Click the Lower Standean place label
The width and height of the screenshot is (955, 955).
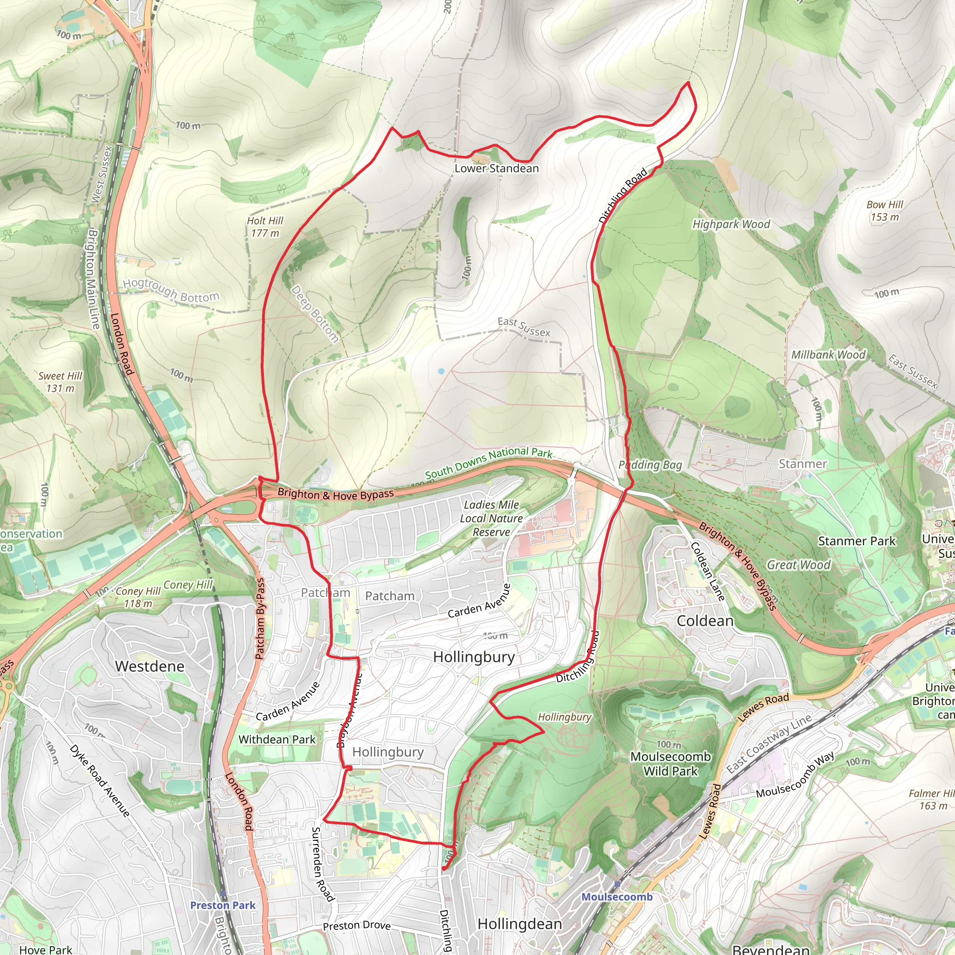(496, 168)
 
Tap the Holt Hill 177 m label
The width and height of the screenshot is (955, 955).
(265, 227)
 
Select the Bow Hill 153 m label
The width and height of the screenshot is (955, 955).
(884, 211)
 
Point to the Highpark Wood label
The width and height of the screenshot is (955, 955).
(731, 224)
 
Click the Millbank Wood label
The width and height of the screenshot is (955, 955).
(828, 355)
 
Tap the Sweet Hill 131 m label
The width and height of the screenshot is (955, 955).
(60, 382)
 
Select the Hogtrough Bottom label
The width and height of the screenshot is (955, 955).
(171, 291)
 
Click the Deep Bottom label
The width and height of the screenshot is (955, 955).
(314, 313)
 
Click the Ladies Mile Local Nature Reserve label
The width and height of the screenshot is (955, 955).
(491, 518)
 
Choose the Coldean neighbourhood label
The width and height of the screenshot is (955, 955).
(705, 621)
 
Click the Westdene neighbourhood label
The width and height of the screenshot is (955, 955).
(150, 666)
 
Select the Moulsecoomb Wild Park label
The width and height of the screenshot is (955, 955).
(670, 764)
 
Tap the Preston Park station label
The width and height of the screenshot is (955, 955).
(223, 905)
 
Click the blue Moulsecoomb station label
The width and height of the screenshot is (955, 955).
(617, 897)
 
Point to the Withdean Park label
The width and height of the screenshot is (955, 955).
(277, 740)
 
